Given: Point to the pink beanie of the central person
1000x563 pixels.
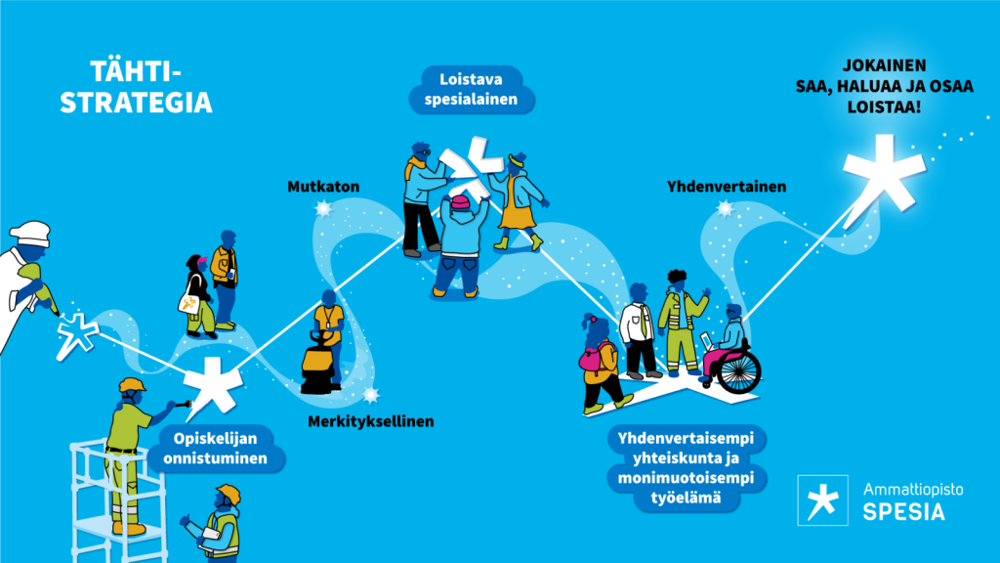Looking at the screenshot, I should pos(459,204).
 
